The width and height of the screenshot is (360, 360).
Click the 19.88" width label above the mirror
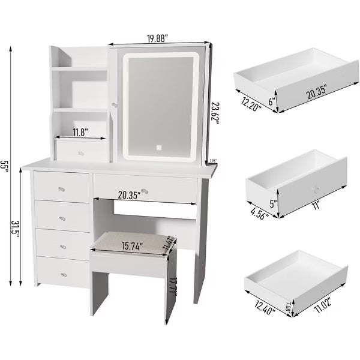point(157,37)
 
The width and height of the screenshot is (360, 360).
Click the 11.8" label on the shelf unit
point(81,132)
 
